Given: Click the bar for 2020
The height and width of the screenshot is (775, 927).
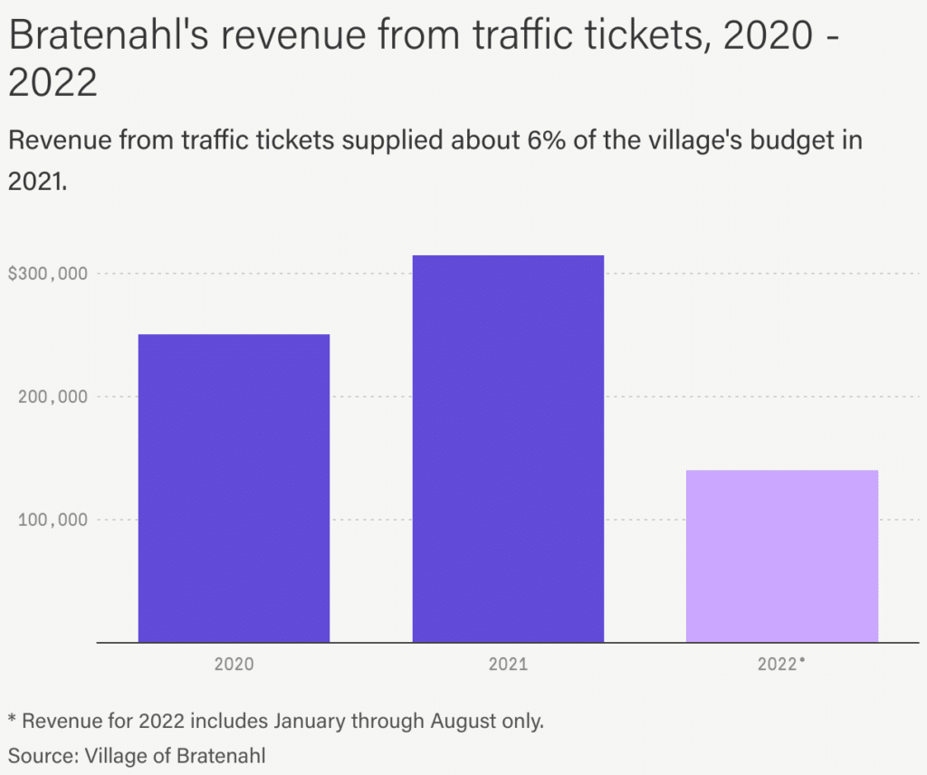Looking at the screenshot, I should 234,488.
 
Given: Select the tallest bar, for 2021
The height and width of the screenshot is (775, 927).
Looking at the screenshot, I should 508,448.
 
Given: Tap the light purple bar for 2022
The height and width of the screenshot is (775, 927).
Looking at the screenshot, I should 782,556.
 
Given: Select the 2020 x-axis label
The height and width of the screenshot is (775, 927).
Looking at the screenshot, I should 234,664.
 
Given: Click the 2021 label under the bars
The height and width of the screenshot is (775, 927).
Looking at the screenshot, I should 508,664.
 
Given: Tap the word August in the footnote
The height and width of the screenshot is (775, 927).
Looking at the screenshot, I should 466,722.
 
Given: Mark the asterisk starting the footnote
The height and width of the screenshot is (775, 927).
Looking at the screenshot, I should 13,720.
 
